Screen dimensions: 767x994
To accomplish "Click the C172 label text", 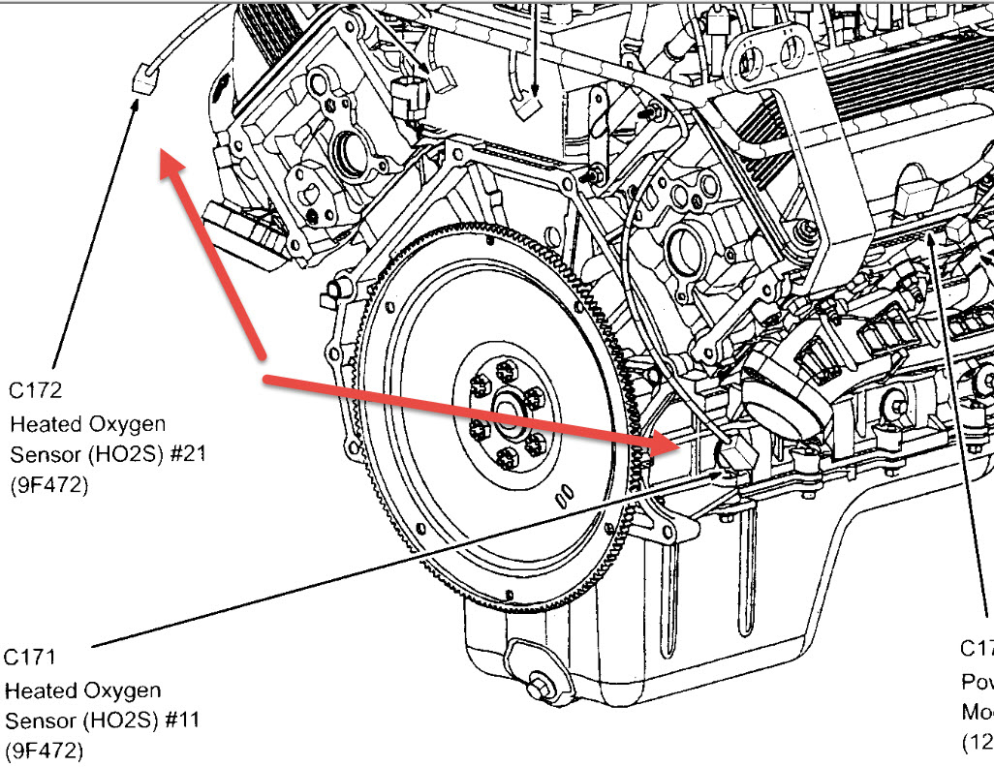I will pyautogui.click(x=36, y=390).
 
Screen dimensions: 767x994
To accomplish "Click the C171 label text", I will pyautogui.click(x=31, y=658).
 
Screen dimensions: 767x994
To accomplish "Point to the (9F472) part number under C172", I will pyautogui.click(x=48, y=486).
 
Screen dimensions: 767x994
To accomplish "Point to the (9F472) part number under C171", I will pyautogui.click(x=45, y=752).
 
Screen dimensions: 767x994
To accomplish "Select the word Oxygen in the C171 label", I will pyautogui.click(x=124, y=690).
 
